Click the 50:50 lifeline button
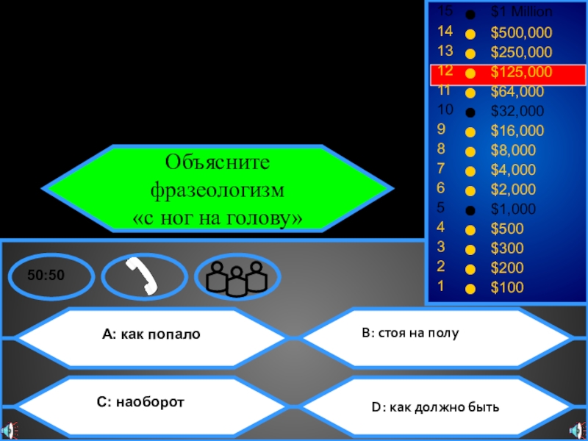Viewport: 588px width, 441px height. coord(47,276)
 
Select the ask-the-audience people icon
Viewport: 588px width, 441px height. coord(235,277)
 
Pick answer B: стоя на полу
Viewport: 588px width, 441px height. coord(410,333)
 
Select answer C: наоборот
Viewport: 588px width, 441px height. coord(140,402)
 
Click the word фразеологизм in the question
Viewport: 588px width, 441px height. coord(217,190)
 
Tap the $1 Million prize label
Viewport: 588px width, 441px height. coord(522,12)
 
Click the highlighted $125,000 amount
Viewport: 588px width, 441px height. coord(522,72)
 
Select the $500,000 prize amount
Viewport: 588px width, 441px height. coord(521,33)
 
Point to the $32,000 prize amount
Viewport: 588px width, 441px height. coord(517,112)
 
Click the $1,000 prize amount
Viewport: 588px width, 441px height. coord(514,208)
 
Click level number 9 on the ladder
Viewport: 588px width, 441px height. coord(441,131)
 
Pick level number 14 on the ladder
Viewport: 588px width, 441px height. coord(445,32)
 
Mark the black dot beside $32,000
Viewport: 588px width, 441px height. coord(470,112)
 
